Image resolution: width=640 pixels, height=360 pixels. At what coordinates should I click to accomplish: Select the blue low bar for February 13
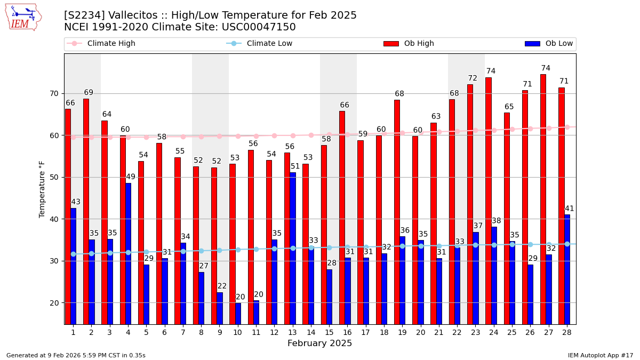tap(292, 248)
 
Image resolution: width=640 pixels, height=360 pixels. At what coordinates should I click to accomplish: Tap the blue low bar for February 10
tap(238, 314)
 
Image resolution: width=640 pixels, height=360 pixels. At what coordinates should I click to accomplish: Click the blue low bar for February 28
tap(567, 269)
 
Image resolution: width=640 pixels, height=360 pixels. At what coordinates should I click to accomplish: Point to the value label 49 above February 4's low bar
tap(131, 177)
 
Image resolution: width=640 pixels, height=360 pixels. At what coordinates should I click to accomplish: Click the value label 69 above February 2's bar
tap(89, 93)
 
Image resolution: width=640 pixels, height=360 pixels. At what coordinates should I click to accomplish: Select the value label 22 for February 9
tap(222, 286)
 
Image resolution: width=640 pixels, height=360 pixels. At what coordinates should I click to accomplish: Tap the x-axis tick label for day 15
tap(329, 332)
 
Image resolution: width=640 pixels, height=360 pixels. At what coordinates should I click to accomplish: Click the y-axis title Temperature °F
tap(43, 189)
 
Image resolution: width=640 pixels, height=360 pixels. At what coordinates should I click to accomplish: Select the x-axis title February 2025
tap(319, 343)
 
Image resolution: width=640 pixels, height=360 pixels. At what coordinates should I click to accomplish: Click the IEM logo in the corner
tap(23, 17)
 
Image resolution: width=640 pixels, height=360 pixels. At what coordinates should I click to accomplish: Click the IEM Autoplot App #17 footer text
tap(600, 355)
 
